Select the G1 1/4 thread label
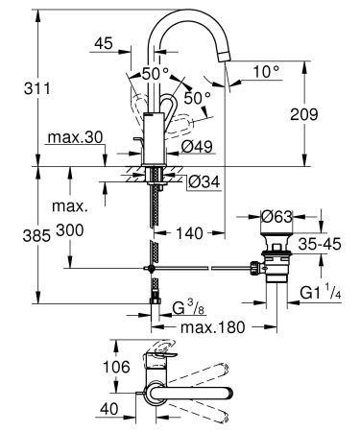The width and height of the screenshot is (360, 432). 321,289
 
